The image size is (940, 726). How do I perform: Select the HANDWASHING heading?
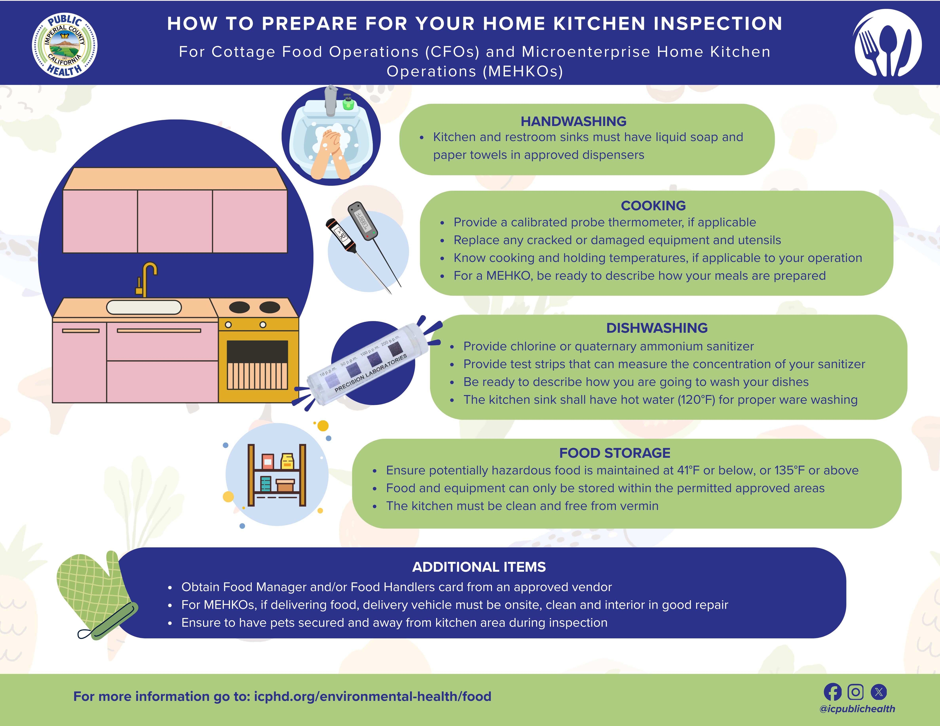click(x=573, y=121)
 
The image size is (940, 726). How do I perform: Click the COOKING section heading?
click(x=653, y=206)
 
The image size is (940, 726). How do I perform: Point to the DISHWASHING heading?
click(x=657, y=328)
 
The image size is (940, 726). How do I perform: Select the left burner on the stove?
click(x=239, y=307)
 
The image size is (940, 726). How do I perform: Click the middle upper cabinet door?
click(x=175, y=221)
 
